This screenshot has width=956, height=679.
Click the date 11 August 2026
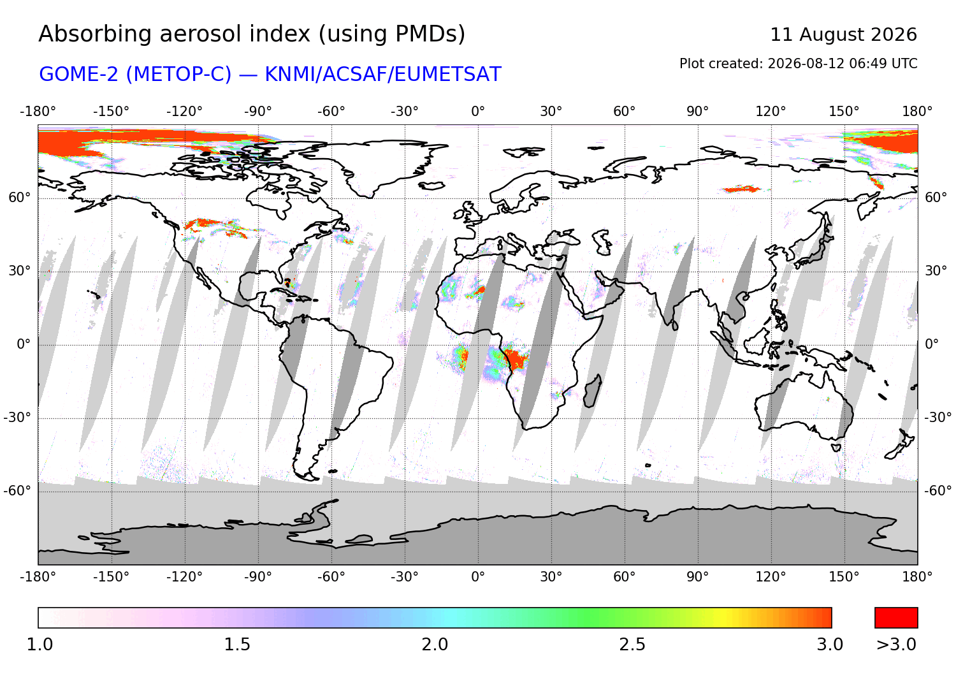tap(843, 34)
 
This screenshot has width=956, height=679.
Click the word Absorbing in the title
tap(95, 34)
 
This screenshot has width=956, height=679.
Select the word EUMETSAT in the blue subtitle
tap(447, 75)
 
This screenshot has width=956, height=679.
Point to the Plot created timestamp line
tap(798, 64)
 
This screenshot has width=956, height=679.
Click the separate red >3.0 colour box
tap(896, 618)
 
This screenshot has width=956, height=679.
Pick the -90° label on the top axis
tap(257, 112)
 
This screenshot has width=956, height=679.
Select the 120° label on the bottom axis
tap(771, 577)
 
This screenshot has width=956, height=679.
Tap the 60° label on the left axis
tap(20, 197)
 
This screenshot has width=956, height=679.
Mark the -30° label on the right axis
tap(938, 417)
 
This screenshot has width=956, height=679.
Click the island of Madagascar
tap(592, 391)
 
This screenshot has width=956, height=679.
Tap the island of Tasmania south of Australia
tap(836, 448)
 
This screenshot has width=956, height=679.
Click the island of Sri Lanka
tap(675, 325)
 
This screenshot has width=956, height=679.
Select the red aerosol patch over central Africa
tap(516, 359)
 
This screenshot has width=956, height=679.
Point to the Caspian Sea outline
tap(601, 242)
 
